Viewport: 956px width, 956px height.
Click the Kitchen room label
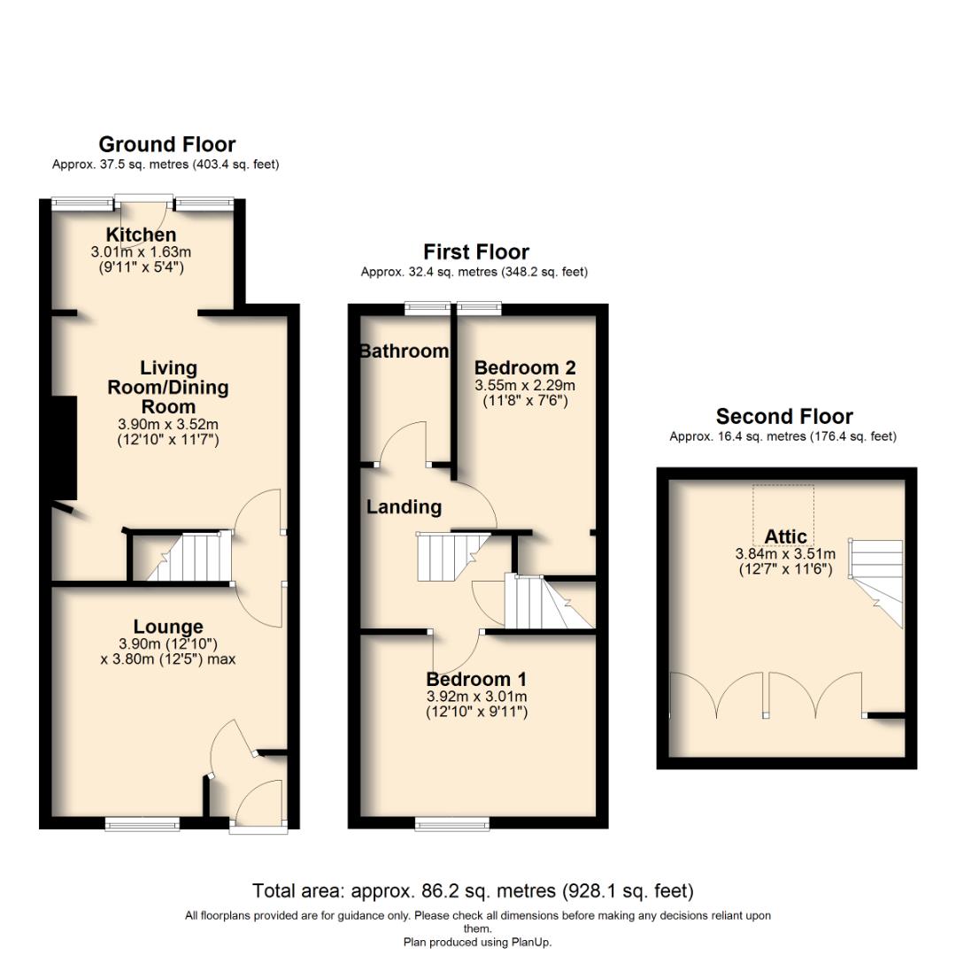tap(142, 235)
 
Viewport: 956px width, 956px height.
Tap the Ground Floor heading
tap(166, 144)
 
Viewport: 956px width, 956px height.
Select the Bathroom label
tap(404, 351)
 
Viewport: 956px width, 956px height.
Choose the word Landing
tap(404, 507)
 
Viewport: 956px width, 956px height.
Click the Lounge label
tap(168, 627)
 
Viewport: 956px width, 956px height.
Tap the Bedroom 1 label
tap(476, 680)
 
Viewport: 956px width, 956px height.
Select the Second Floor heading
tap(784, 416)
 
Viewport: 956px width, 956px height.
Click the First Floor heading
tap(475, 252)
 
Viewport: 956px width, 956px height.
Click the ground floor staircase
tap(185, 557)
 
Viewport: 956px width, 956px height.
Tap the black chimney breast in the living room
tap(64, 448)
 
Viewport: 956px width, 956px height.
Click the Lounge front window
tap(143, 824)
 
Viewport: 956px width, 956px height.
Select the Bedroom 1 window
tap(451, 824)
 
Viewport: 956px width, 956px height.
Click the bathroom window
tap(428, 308)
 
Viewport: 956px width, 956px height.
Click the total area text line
tap(473, 890)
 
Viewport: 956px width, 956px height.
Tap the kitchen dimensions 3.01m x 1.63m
tap(142, 252)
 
